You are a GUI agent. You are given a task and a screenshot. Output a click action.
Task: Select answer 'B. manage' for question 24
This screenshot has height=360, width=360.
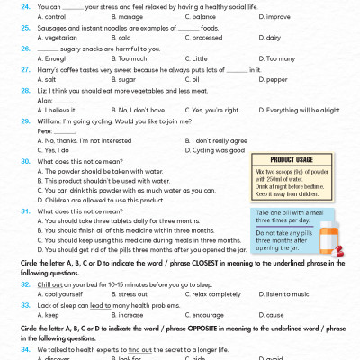click(x=139, y=17)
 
